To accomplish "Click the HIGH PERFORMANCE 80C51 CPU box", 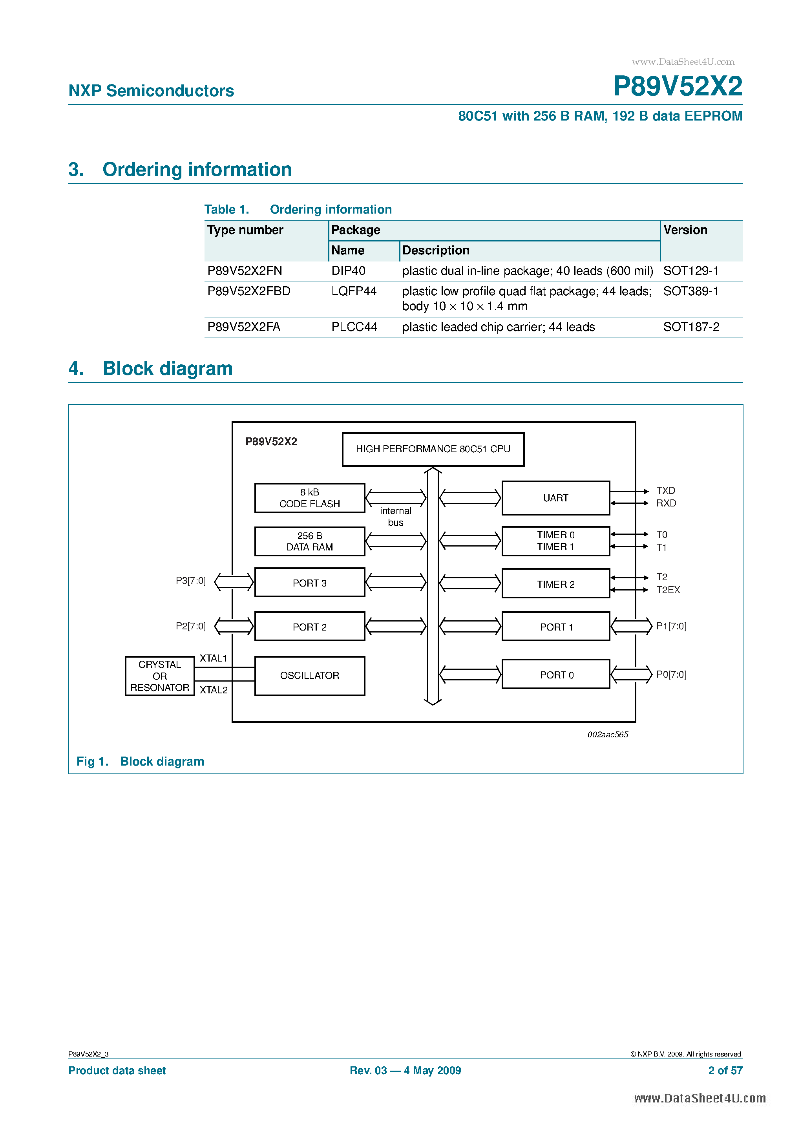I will pyautogui.click(x=433, y=449).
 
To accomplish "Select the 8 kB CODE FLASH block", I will pyautogui.click(x=309, y=498).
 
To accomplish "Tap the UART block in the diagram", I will pyautogui.click(x=555, y=498).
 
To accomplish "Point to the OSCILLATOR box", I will pyautogui.click(x=309, y=676).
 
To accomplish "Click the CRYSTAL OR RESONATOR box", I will pyautogui.click(x=159, y=676).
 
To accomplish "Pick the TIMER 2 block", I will pyautogui.click(x=555, y=584).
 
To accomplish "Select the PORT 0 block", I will pyautogui.click(x=555, y=675).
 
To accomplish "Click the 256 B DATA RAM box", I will pyautogui.click(x=309, y=541).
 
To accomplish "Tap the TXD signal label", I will pyautogui.click(x=665, y=490).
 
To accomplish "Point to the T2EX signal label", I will pyautogui.click(x=668, y=590).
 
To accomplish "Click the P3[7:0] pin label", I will pyautogui.click(x=190, y=581).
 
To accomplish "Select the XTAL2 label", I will pyautogui.click(x=214, y=690).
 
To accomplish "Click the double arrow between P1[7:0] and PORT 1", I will pyautogui.click(x=632, y=626).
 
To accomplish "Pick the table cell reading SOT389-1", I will pyautogui.click(x=690, y=291).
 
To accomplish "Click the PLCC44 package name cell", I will pyautogui.click(x=354, y=327).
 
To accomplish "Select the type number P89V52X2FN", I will pyautogui.click(x=245, y=271).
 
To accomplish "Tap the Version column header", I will pyautogui.click(x=685, y=230).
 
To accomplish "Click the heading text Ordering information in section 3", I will pyautogui.click(x=197, y=170).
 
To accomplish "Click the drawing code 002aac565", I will pyautogui.click(x=608, y=735).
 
